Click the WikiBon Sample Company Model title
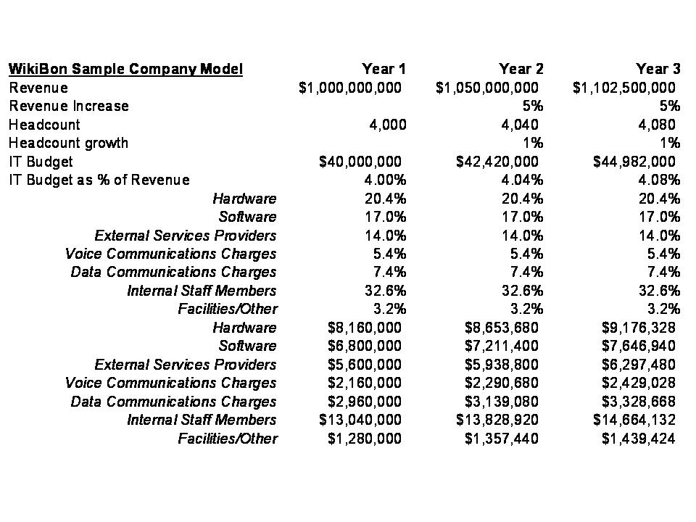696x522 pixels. [x=125, y=70]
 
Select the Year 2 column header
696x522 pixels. [x=521, y=70]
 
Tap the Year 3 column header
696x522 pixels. [x=658, y=70]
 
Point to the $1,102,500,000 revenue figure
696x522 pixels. [x=624, y=88]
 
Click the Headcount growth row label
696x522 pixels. [x=68, y=143]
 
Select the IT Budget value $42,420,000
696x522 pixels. [x=497, y=162]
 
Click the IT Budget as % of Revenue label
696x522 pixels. [x=99, y=180]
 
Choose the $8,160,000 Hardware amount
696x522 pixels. [x=365, y=328]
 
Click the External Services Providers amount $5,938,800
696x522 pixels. [x=502, y=365]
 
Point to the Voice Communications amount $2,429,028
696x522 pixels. [x=639, y=383]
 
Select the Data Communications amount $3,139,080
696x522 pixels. [x=502, y=402]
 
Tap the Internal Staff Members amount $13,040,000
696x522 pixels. [x=360, y=420]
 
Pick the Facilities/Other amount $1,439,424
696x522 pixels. [x=639, y=439]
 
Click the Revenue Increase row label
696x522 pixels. [x=69, y=106]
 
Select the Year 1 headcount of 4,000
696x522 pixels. [x=388, y=125]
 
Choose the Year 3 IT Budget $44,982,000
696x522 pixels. [x=634, y=162]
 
